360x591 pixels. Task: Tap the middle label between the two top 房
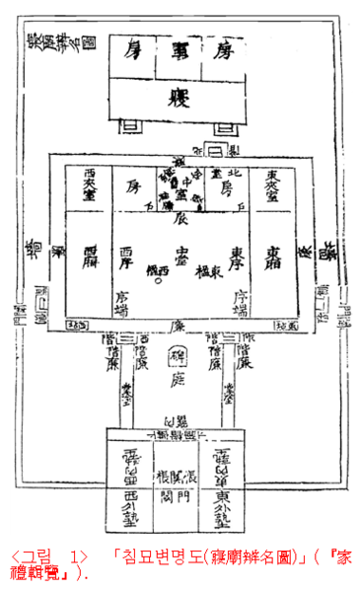pos(179,49)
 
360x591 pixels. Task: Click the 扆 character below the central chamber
pos(180,223)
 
